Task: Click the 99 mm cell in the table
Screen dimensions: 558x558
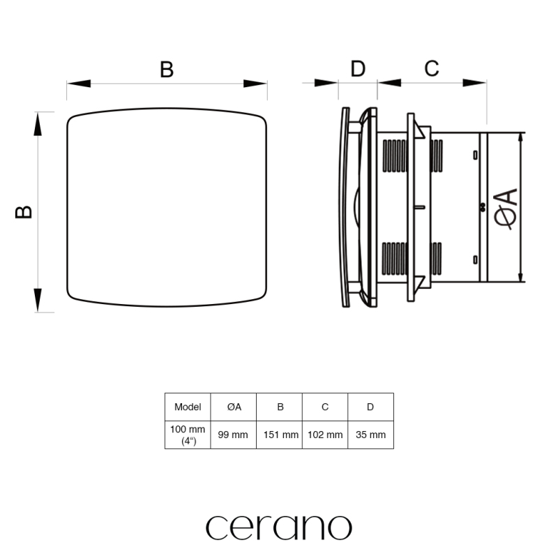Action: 233,435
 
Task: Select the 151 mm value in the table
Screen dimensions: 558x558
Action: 281,435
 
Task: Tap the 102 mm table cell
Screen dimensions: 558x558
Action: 325,435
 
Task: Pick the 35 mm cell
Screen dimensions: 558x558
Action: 370,435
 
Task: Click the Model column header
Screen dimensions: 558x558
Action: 188,407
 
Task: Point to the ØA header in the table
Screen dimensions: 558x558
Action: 234,407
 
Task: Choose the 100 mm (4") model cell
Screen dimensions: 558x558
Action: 188,435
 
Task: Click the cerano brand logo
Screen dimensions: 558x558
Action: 279,527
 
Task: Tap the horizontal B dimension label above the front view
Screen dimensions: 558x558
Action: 167,69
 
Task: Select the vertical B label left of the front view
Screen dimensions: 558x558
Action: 24,212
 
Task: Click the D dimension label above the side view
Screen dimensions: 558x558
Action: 358,68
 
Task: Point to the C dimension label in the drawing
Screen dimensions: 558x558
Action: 432,68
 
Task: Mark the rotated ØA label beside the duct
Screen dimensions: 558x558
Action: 506,209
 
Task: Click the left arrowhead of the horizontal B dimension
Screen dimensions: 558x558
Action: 79,84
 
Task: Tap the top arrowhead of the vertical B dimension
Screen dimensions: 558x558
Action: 38,124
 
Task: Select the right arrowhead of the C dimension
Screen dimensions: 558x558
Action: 474,83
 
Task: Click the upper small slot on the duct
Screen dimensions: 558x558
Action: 475,155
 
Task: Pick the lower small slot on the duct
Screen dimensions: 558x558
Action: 475,259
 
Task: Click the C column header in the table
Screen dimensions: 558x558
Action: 325,407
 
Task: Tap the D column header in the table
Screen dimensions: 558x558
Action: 370,407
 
